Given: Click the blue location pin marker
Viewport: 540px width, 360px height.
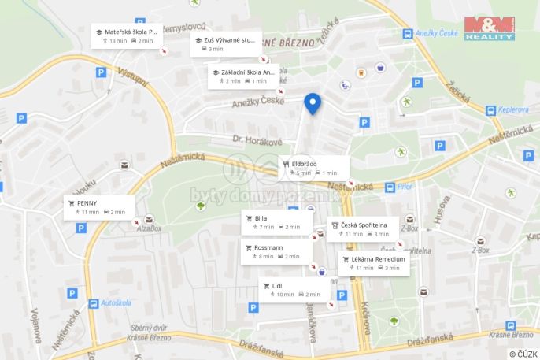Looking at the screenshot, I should [313, 103].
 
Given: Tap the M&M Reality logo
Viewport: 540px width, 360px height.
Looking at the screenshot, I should [489, 28].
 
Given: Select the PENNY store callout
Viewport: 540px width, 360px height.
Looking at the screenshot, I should [101, 207].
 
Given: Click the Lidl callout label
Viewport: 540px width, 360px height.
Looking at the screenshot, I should [294, 290].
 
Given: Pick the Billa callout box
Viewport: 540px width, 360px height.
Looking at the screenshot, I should [276, 222].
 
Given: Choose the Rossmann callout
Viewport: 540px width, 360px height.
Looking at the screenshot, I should [276, 251].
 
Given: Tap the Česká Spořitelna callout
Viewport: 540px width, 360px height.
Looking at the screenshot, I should [363, 228].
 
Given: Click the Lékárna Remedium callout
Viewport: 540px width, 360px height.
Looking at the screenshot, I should [374, 263].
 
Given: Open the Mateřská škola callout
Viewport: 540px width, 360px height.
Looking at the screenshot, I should [127, 35].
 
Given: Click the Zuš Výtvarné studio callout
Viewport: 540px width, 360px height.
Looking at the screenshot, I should [227, 43].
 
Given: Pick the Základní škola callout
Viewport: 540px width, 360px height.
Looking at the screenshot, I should [244, 76].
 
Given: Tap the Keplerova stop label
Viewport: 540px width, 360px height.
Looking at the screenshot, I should [512, 111].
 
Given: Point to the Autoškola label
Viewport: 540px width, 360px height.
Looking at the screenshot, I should [116, 302].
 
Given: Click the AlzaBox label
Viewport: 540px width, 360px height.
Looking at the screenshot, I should [149, 228].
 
